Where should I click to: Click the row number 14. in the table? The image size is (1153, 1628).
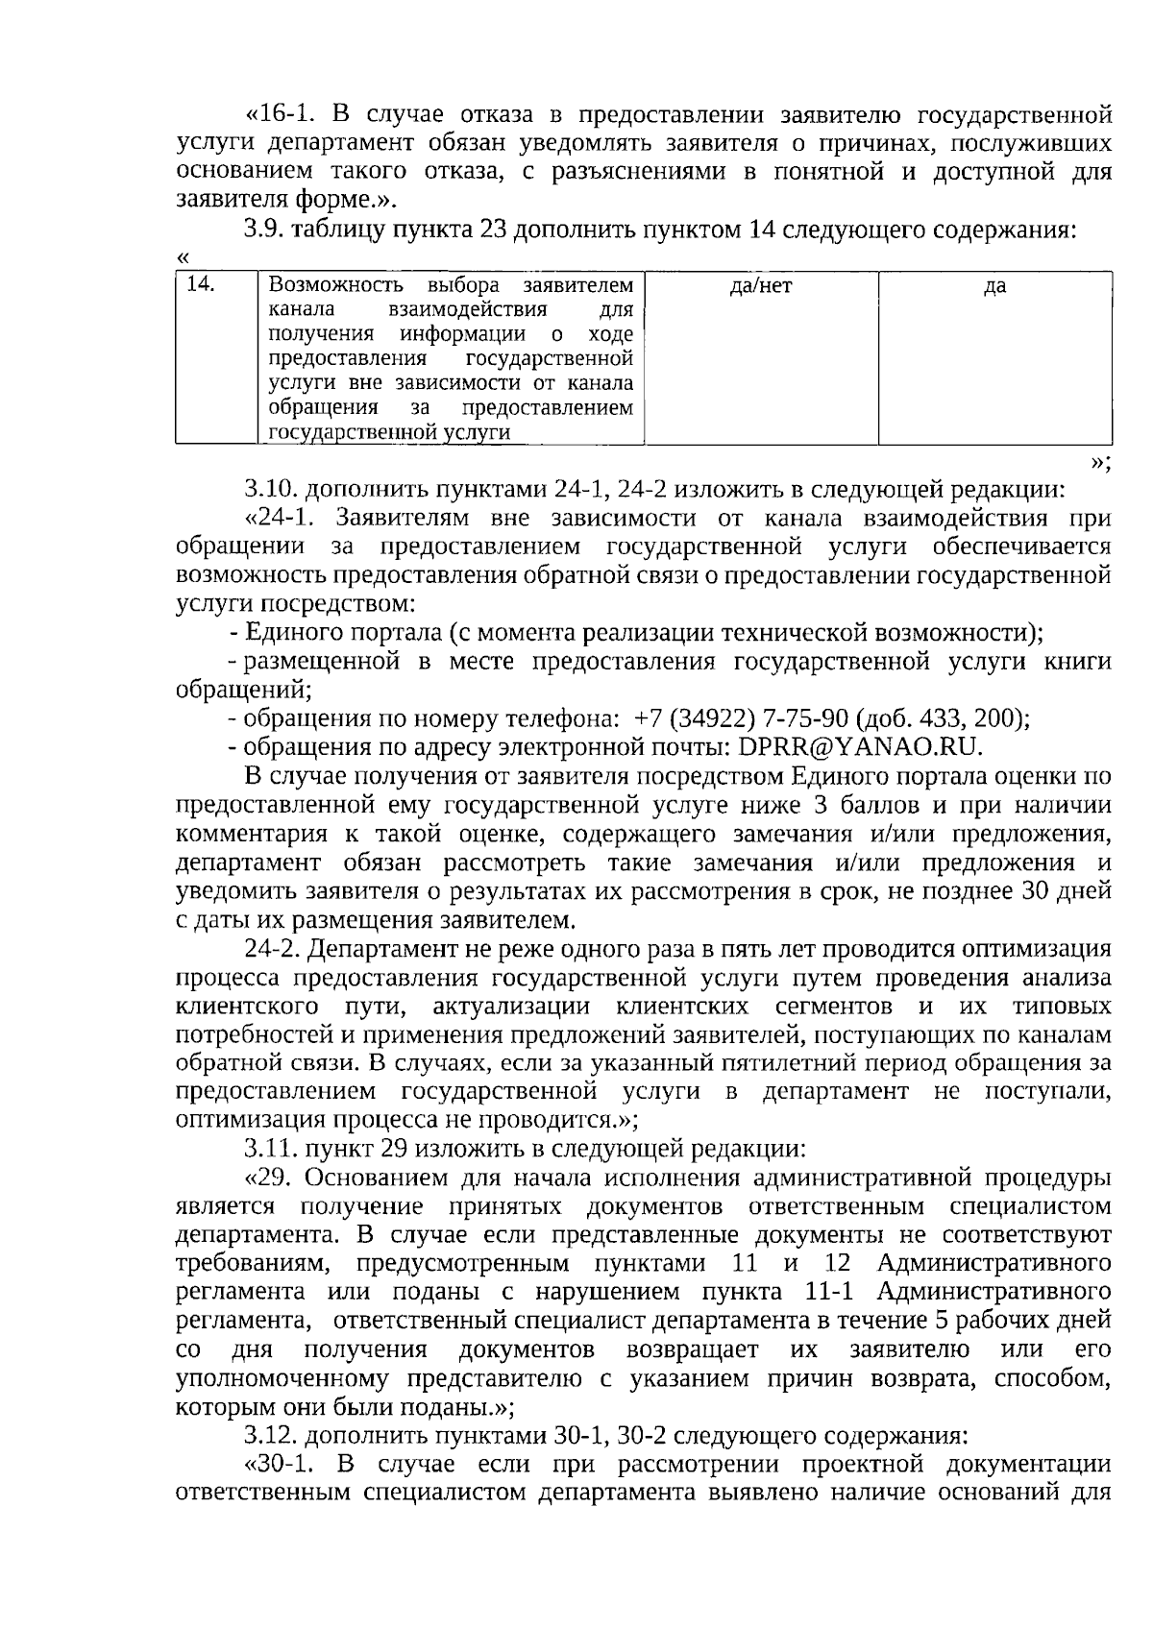pos(199,284)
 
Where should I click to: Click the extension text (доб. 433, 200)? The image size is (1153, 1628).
pos(942,718)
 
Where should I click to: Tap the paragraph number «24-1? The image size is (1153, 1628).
pos(282,519)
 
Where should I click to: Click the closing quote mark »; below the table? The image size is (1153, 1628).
pos(1101,463)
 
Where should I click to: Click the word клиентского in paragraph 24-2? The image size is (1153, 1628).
pos(248,1007)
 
